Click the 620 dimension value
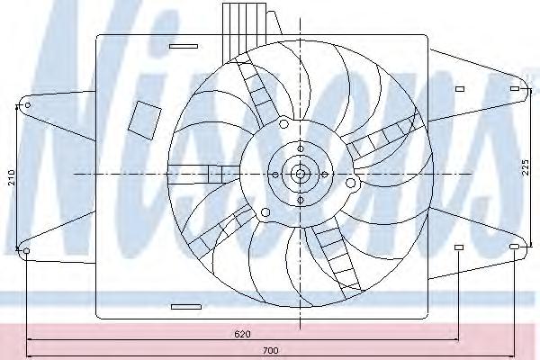click(x=242, y=334)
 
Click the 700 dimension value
click(x=271, y=351)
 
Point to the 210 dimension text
click(x=12, y=177)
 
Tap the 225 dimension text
click(x=526, y=167)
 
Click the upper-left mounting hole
click(x=28, y=104)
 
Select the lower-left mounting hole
click(x=26, y=251)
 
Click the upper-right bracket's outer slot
click(x=515, y=89)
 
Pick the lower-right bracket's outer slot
click(x=514, y=247)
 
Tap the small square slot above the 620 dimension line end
click(x=459, y=247)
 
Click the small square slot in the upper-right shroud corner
click(x=460, y=89)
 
